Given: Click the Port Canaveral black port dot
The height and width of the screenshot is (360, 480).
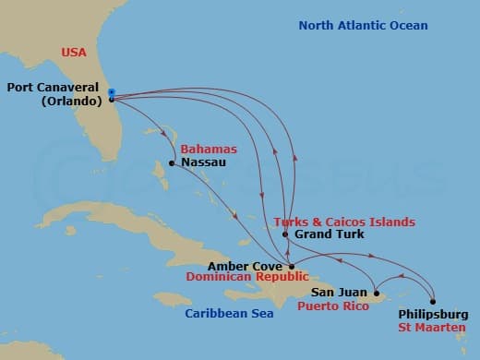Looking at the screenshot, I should [x=111, y=99].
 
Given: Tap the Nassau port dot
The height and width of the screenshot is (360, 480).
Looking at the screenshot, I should [x=172, y=164].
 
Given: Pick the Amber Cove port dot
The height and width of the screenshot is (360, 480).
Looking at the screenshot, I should [x=292, y=266].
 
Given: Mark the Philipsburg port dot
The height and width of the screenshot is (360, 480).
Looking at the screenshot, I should [x=432, y=301].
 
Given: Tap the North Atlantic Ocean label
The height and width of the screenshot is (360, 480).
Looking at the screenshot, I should [x=363, y=26].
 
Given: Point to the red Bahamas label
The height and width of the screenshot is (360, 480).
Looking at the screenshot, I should [x=209, y=149].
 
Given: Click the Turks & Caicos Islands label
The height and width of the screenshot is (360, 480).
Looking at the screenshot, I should [x=344, y=222].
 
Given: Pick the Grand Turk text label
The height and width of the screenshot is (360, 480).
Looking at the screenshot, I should [x=329, y=234].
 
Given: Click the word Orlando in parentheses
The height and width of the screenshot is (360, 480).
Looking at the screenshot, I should [x=69, y=102].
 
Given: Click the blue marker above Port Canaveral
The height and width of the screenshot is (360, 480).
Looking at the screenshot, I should [x=111, y=91].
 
